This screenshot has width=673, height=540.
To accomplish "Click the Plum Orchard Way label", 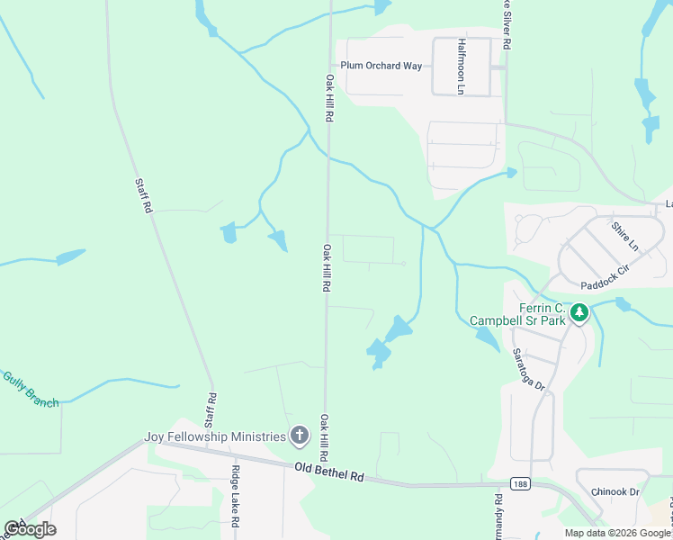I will [381, 66].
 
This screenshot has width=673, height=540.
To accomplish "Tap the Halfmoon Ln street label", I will [461, 66].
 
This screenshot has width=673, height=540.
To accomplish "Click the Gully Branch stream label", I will [31, 390].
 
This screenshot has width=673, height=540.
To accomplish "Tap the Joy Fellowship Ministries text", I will [215, 437].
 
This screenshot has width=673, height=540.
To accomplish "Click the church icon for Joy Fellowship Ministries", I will [300, 437].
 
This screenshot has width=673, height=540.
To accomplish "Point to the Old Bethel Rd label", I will [328, 472].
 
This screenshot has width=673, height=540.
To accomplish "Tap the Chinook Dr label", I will [615, 492].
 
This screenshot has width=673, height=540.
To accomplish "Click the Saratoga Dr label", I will [527, 370].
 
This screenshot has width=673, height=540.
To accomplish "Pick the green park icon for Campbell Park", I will [581, 313].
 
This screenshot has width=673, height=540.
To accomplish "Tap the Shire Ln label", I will [624, 238].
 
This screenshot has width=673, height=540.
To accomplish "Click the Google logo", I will [30, 528].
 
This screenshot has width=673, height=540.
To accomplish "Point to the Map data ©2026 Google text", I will [617, 533].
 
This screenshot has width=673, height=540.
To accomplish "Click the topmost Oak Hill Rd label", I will [329, 99].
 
